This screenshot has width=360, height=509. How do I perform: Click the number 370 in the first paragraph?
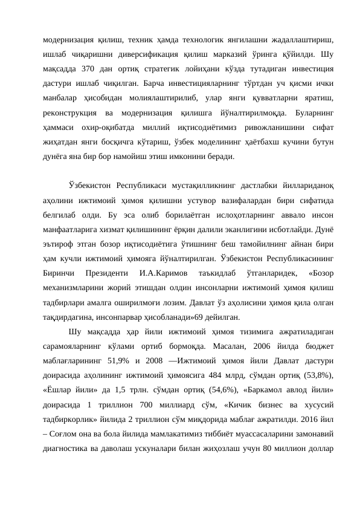(87, 66)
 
